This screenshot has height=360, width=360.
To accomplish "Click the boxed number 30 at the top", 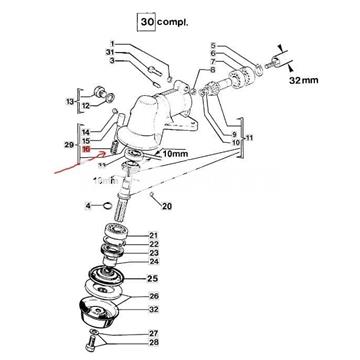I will (148, 21).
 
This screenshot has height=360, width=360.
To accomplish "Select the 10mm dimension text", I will (171, 154).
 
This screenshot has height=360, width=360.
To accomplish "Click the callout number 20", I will (166, 206).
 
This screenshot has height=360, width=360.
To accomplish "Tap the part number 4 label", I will (88, 206).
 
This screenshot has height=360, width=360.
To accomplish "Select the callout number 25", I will (153, 278).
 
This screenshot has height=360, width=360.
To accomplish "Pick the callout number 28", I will (153, 343).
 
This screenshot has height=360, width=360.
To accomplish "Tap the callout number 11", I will (248, 135).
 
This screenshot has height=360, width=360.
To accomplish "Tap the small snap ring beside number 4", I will (109, 207).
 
